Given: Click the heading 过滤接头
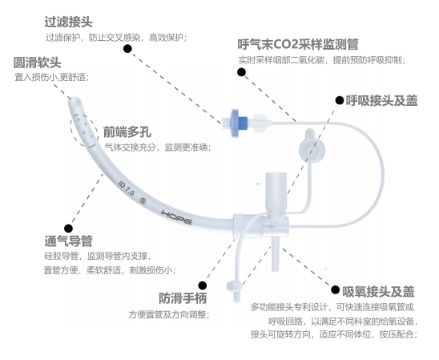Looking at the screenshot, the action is pos(69,22).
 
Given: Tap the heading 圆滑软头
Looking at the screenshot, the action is pos(37,63).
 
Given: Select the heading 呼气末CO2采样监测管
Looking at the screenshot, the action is pos(298,44).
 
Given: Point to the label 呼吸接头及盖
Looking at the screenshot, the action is pos(381,101).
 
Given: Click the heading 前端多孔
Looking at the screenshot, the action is pos(127,132).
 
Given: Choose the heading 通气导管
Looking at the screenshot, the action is pos(69,241).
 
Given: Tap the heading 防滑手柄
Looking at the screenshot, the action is pos(183,298).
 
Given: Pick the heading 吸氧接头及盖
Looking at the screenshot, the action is pos(378,292).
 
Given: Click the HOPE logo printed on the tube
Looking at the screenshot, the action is pos(176,217).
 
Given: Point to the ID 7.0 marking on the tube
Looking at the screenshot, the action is pos(127,188).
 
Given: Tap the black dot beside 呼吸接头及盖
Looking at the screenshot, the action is pos(340,100).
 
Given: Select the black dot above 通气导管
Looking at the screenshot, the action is pos(68,229).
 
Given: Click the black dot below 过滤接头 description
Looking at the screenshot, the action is pos(127,48).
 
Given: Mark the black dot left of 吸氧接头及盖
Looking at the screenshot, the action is pos(335,289).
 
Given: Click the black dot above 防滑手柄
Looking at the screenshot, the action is pos(203,285).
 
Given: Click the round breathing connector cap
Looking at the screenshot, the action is pos(312,150).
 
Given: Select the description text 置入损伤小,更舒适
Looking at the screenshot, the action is pos(52,77).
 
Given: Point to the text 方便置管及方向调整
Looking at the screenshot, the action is pos(169,314).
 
